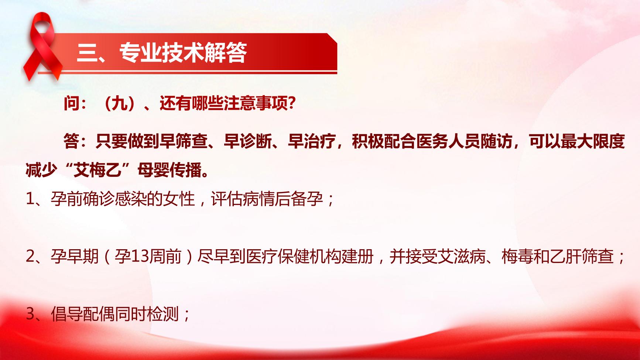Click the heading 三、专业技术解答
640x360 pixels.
(162, 53)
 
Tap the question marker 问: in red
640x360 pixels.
(75, 104)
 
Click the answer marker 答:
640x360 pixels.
(76, 141)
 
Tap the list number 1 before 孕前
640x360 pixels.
(30, 199)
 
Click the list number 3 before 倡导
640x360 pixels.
(30, 315)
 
